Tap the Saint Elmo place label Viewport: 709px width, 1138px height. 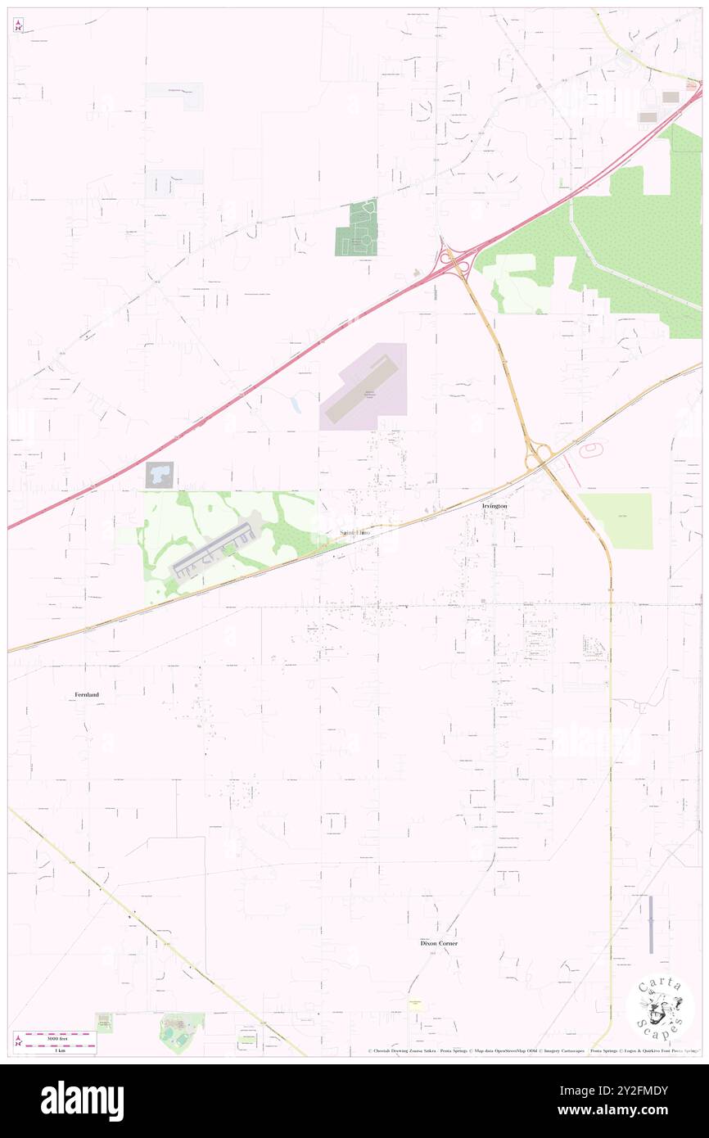355,533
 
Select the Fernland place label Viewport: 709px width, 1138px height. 87,694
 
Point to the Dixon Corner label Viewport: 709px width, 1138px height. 439,943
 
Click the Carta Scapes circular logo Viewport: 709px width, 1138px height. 660,1009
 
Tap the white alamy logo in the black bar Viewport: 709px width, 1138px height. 82,1100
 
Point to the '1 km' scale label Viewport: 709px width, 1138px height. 55,1050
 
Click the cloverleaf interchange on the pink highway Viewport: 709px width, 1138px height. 454,261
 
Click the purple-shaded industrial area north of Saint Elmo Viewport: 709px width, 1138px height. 364,386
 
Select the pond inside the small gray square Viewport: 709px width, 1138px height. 160,474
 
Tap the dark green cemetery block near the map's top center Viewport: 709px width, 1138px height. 357,228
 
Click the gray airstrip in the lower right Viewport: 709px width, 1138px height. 651,923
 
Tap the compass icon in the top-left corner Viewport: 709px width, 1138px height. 18,25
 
